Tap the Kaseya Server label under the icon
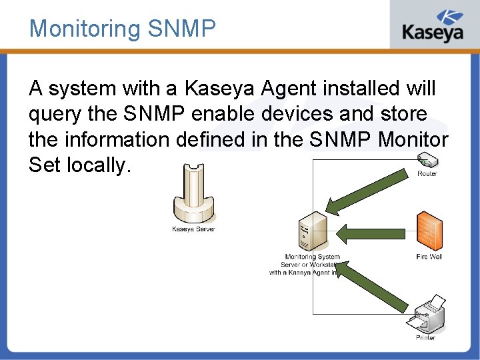point(193,229)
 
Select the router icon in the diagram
point(426,161)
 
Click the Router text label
point(427,174)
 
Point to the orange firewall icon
point(429,230)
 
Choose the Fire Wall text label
point(429,257)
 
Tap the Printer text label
point(426,338)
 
